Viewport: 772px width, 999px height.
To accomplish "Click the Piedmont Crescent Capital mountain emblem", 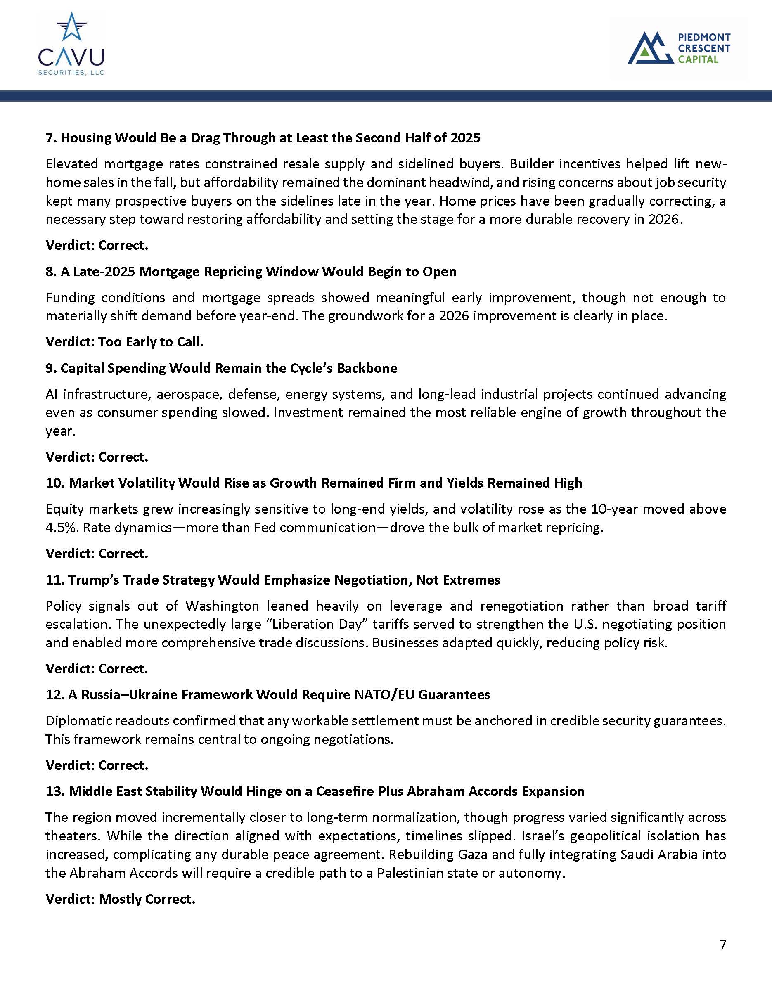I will tap(650, 48).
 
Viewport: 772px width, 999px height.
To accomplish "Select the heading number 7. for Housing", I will tap(52, 138).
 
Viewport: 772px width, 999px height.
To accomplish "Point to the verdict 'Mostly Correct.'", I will tap(147, 899).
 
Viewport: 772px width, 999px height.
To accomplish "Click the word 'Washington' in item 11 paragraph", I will tap(222, 606).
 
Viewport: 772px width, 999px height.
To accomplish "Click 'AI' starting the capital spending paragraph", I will tap(52, 394).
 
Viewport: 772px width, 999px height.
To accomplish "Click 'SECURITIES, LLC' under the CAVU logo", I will tap(71, 72).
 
